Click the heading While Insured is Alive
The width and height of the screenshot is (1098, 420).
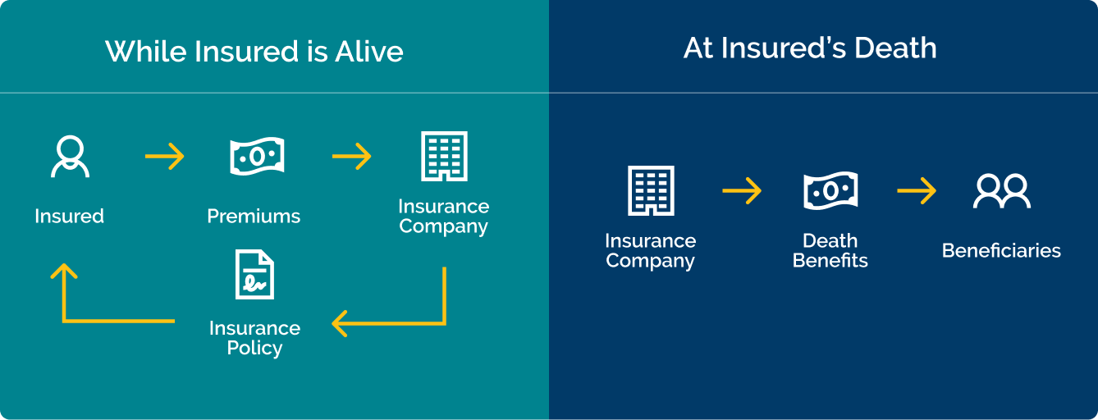point(254,52)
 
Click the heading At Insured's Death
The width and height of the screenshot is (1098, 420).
point(810,48)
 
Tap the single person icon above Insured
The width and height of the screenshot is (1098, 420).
point(70,157)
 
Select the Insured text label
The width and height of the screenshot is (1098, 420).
point(70,217)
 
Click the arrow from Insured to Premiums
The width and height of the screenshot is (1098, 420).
point(164,156)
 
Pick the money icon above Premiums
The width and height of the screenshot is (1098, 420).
point(256,156)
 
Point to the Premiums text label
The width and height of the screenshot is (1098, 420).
point(254,217)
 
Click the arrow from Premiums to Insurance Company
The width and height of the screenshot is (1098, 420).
point(351,156)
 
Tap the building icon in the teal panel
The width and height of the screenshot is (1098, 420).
point(444,156)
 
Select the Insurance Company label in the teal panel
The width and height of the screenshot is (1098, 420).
point(443,217)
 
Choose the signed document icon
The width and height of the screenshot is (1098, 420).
point(254,275)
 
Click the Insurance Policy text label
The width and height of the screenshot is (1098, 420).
point(254,338)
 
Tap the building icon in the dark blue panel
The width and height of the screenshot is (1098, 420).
point(651,190)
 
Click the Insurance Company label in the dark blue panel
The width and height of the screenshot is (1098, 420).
point(650,251)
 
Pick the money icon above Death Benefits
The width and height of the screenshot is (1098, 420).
point(830,191)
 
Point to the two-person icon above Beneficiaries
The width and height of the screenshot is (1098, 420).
point(1001,191)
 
